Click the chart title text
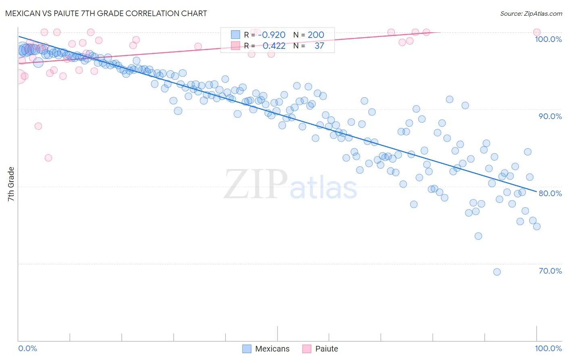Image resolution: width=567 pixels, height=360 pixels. pos(106,13)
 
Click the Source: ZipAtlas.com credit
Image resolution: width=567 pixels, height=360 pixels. pos(531,14)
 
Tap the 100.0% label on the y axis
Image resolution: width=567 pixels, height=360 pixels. pos(548,39)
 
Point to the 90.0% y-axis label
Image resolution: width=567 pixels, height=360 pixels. pos(550,116)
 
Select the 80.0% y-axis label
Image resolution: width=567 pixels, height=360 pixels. pos(550,193)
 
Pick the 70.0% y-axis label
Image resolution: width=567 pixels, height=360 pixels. pos(550,271)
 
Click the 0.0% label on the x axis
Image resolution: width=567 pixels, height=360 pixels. pos(27,348)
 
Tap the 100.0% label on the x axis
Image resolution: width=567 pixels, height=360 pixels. pos(548,348)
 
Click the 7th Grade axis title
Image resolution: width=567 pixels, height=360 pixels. pos(11,184)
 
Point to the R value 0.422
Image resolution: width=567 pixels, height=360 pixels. pos(274,46)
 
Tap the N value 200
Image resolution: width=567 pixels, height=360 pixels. pos(316,35)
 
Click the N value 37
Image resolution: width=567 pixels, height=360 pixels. pos(319,46)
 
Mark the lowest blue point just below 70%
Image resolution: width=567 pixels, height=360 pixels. pos(497,272)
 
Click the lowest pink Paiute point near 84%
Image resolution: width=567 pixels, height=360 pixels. pos(48,158)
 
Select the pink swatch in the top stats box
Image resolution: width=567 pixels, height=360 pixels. pos(236,46)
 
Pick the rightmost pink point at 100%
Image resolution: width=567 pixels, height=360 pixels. pos(536,32)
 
